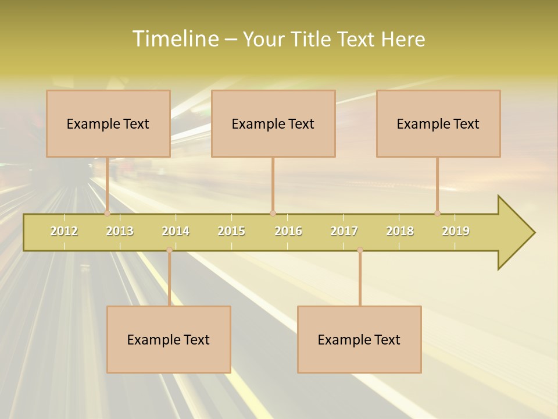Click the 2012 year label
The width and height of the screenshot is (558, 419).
click(64, 231)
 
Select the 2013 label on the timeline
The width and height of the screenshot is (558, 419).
click(120, 231)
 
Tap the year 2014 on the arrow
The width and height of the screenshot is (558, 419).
click(176, 231)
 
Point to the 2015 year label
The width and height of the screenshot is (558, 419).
click(231, 231)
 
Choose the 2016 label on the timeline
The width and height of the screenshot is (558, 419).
click(288, 231)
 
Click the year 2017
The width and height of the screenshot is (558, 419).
click(344, 231)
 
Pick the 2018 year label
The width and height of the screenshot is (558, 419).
click(400, 231)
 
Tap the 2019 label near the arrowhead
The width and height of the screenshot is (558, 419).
click(456, 231)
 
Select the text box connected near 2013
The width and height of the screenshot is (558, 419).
click(108, 123)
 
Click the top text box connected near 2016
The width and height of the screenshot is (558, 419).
click(273, 123)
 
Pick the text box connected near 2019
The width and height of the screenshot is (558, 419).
click(438, 123)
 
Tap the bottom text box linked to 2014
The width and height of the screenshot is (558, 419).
click(169, 339)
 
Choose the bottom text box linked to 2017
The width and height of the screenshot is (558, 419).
click(359, 339)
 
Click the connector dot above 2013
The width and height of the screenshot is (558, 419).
click(108, 214)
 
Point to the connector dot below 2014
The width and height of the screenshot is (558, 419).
click(169, 250)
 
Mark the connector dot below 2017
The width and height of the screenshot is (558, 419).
click(360, 250)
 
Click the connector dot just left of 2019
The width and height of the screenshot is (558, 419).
click(437, 214)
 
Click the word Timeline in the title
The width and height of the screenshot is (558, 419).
click(174, 39)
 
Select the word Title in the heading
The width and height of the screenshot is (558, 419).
click(312, 39)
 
